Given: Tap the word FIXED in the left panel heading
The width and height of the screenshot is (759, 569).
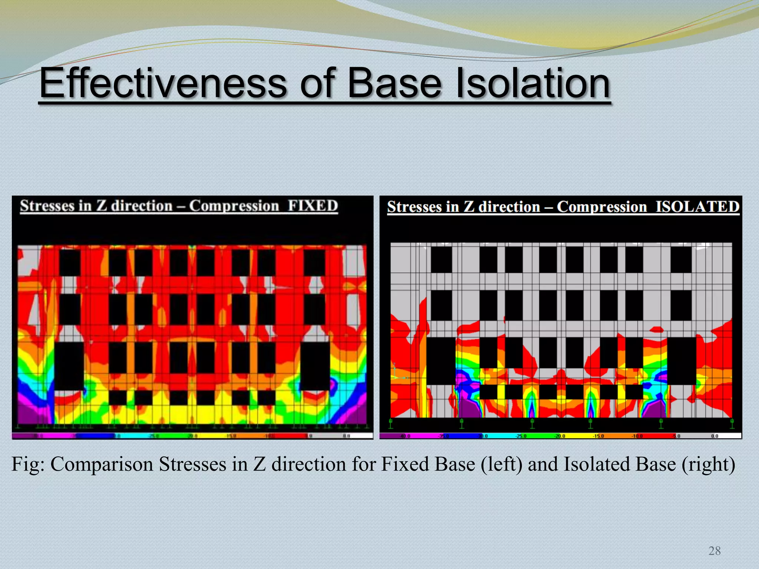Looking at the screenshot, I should tap(313, 206).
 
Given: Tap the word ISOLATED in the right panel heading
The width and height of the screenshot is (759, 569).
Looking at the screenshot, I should tap(697, 207).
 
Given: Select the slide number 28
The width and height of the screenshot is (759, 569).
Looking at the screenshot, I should tap(714, 551).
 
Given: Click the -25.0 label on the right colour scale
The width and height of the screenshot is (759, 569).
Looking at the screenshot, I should tap(521, 436).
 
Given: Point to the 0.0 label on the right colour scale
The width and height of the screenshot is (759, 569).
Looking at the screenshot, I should tap(715, 436).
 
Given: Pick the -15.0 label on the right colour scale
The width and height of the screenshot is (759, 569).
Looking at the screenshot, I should tap(598, 436).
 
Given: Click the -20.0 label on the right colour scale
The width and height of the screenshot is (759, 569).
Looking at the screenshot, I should tap(560, 436).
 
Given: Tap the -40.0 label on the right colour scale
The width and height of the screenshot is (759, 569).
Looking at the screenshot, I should tap(405, 436).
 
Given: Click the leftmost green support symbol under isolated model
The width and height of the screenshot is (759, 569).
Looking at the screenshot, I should tap(391, 423).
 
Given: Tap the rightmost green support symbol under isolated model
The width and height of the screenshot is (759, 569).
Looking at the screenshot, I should tap(732, 423).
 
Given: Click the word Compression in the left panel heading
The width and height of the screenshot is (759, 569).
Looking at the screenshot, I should tap(234, 206).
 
